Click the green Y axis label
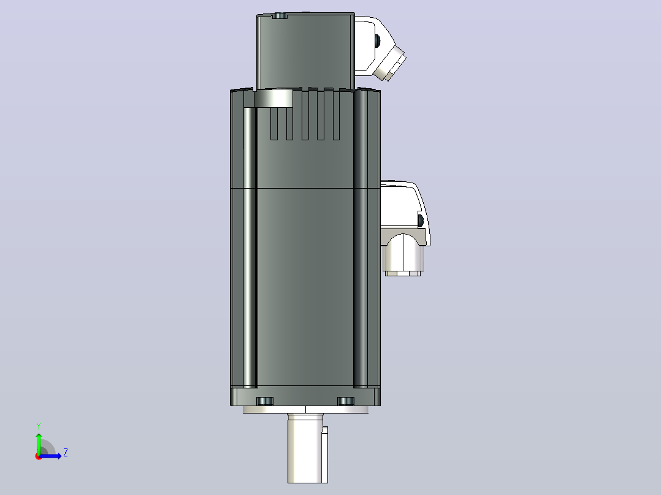pyautogui.click(x=39, y=426)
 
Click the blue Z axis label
pyautogui.click(x=66, y=453)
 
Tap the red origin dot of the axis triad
pyautogui.click(x=39, y=456)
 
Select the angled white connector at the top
pyautogui.click(x=378, y=47)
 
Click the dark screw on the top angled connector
pyautogui.click(x=377, y=40)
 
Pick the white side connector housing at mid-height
pyautogui.click(x=405, y=213)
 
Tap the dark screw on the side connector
pyautogui.click(x=421, y=220)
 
